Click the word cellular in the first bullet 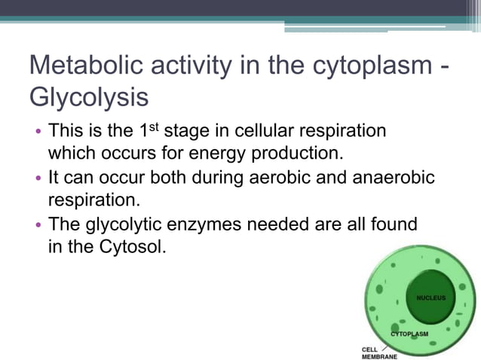coord(263,131)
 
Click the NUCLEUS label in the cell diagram coord(430,297)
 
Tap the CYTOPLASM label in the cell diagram coord(409,333)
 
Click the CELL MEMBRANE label coord(374,352)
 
